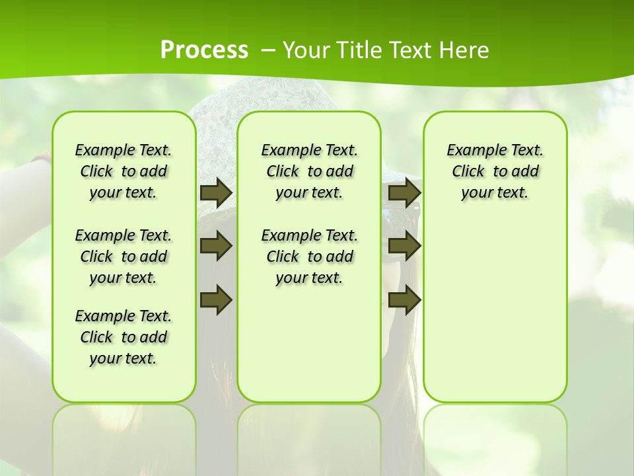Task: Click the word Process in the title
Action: tap(204, 50)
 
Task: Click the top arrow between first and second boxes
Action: tap(215, 192)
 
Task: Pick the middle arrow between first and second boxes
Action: tap(215, 246)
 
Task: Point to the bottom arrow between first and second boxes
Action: tap(215, 299)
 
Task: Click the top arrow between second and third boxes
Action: tap(404, 192)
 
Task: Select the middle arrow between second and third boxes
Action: tap(404, 246)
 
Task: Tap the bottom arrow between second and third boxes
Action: tap(404, 299)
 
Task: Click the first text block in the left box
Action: tap(123, 171)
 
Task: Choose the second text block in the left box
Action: tap(123, 257)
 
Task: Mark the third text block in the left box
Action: tap(123, 337)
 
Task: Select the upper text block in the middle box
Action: tap(309, 171)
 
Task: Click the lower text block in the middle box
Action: tap(309, 257)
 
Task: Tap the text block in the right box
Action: tap(495, 171)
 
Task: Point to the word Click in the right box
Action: tap(468, 172)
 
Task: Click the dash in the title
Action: tap(268, 50)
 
